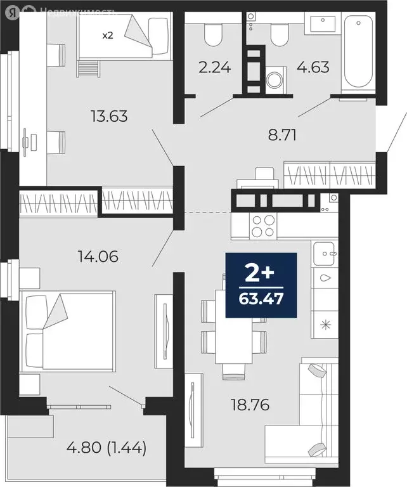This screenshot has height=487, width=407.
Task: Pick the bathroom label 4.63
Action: tap(314, 66)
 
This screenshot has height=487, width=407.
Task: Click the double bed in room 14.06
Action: tap(68, 330)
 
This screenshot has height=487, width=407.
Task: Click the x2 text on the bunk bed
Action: tap(108, 35)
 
